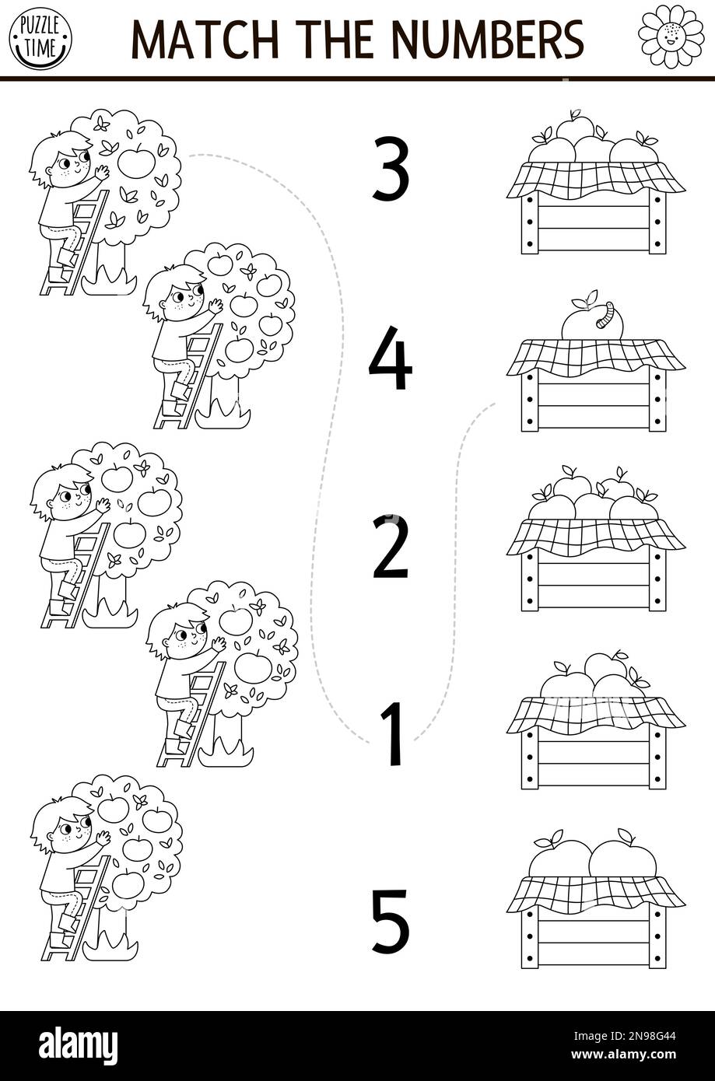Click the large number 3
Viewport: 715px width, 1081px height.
[391, 169]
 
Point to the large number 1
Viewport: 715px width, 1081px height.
[394, 733]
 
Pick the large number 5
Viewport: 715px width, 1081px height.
[390, 922]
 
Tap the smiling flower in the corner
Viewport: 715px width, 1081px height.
[670, 36]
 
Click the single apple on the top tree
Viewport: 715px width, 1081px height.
[136, 163]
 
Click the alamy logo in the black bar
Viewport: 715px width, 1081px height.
[78, 1045]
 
